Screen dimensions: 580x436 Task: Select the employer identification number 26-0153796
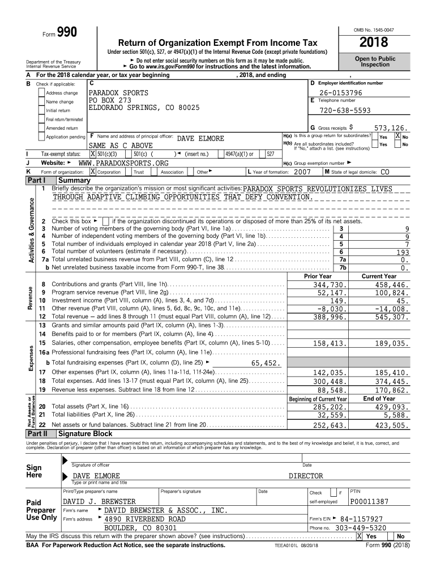340,93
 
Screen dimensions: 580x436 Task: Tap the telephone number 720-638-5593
345,111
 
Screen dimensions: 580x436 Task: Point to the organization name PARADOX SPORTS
118,93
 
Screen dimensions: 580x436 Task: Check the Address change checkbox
41,93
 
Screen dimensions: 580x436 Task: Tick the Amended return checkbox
41,128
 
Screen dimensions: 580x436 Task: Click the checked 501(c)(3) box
93,153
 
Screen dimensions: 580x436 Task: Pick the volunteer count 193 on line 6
403,252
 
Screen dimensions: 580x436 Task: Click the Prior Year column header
318,276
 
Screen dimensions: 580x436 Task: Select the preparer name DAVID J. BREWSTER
99,501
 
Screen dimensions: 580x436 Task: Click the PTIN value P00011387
369,501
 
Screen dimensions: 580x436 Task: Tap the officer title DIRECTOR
306,476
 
